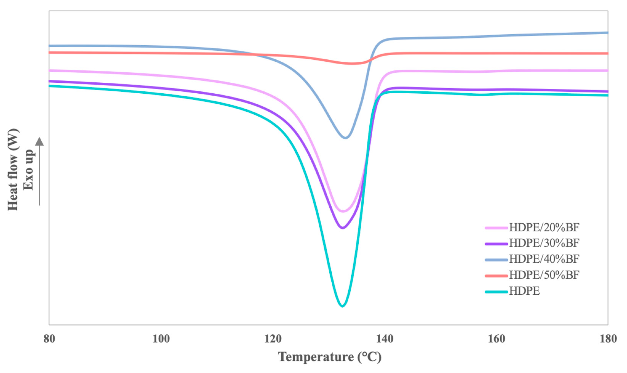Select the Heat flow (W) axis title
coord(13,170)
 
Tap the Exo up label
coord(28,170)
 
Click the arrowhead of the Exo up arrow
coord(39,141)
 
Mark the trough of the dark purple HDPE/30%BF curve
coord(343,228)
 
